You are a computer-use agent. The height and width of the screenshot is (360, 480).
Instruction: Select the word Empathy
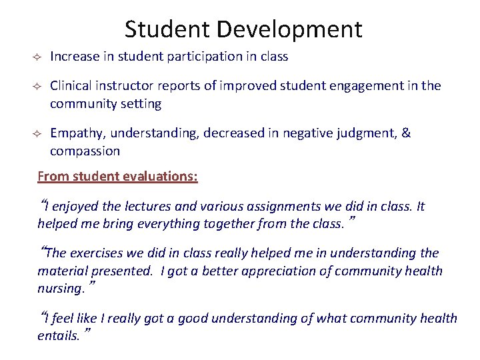pos(74,133)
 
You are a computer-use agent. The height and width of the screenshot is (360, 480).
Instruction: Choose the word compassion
pos(85,151)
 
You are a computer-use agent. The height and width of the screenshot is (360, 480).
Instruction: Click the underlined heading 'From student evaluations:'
pos(117,177)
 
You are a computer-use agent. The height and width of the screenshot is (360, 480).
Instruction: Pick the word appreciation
pos(291,271)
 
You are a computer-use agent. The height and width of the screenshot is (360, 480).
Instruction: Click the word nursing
pos(61,288)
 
